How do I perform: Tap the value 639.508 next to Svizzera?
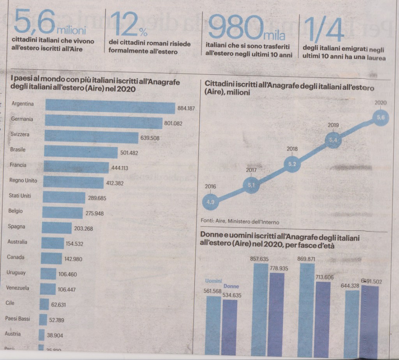[150, 138]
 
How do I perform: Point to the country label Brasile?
[18, 149]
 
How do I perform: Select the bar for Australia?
[52, 243]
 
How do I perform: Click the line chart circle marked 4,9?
[211, 202]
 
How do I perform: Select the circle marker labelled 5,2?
[292, 164]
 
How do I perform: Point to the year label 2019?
[333, 125]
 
